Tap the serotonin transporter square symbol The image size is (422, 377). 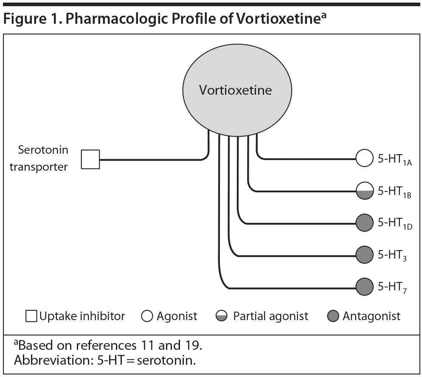tap(90, 159)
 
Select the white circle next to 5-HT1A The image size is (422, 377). tap(364, 159)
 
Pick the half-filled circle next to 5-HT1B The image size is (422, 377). tap(364, 191)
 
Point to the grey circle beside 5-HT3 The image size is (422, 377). tap(364, 255)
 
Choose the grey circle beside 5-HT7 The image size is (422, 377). tap(364, 287)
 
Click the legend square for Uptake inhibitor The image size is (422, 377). tap(31, 316)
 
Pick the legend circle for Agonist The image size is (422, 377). tap(147, 316)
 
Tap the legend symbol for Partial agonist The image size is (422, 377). tap(222, 316)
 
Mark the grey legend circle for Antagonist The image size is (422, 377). tap(334, 316)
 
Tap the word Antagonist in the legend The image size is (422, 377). tap(372, 316)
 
